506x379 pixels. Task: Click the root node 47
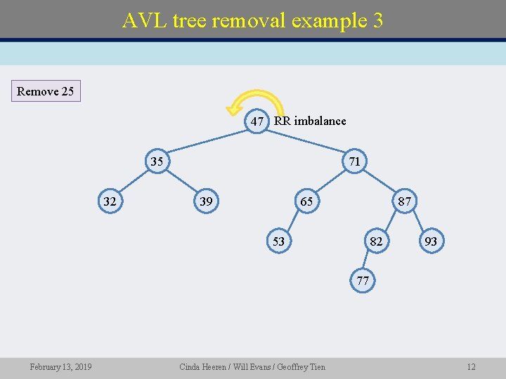(257, 121)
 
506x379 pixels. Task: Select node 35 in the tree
(156, 161)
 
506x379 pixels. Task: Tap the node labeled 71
(354, 161)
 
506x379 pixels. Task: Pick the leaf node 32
(110, 202)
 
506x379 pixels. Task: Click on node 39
(206, 202)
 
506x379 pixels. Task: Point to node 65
(306, 202)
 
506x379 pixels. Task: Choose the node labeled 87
(404, 202)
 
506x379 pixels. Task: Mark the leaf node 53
(278, 241)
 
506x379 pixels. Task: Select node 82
(377, 241)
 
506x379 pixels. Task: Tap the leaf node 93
(431, 241)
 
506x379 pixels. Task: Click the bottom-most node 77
(363, 281)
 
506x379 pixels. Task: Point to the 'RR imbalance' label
(310, 121)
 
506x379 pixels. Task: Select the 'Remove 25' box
(45, 91)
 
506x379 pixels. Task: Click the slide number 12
(471, 367)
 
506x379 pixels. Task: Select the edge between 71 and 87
(379, 182)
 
